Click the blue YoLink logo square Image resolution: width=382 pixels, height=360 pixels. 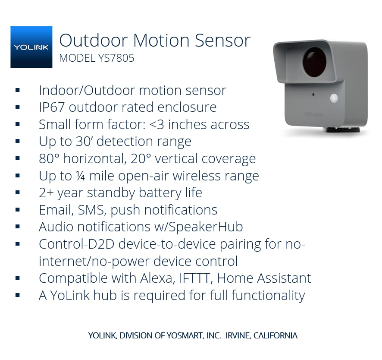tap(31, 47)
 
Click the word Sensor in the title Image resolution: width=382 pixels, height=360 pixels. tap(222, 41)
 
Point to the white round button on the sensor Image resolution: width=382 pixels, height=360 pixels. tap(334, 98)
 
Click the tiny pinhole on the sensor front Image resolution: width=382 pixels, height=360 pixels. tap(313, 95)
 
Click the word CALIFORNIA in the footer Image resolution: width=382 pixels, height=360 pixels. tap(275, 335)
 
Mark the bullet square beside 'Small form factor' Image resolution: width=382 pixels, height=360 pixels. tap(18, 124)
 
